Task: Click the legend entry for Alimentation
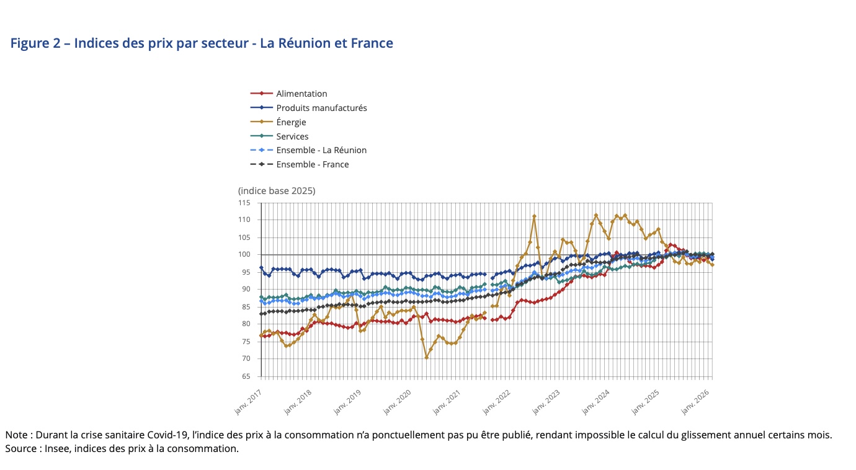pos(301,94)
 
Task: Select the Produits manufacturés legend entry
pos(321,108)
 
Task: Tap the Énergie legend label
pos(291,122)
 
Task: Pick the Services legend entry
pos(292,136)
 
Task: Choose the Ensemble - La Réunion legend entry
pos(321,150)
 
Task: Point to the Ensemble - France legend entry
pos(313,164)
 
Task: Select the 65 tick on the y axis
pos(246,376)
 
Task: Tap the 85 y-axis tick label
pos(246,307)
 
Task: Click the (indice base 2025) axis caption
pos(277,190)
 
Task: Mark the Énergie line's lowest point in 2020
pos(427,357)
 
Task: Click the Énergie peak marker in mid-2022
pos(534,216)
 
